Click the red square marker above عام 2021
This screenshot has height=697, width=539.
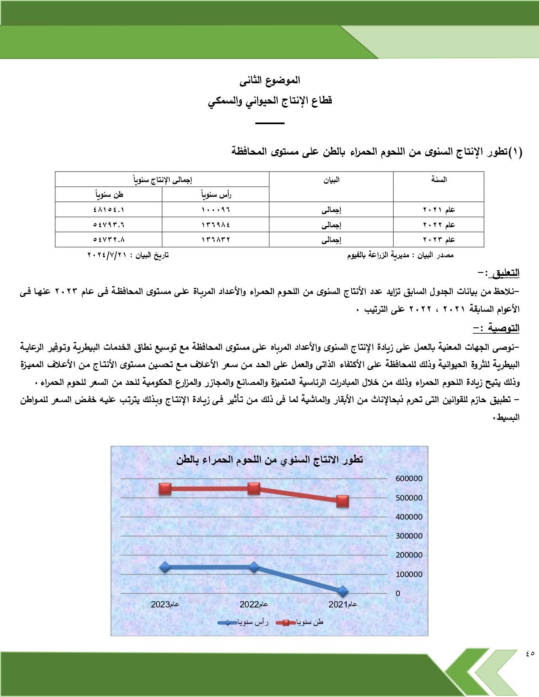pos(342,501)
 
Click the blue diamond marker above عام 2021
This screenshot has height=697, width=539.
pos(343,591)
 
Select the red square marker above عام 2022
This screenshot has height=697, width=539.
pos(254,488)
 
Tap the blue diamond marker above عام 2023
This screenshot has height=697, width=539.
pos(165,567)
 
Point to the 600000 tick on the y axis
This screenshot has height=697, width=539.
pos(409,479)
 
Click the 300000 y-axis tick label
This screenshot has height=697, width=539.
pos(409,536)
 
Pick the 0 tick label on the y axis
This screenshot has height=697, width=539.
pos(398,594)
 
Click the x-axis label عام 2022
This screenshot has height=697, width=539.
pos(254,604)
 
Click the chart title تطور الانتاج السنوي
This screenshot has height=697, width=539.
pos(270,460)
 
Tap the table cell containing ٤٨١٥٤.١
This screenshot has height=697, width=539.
pos(109,210)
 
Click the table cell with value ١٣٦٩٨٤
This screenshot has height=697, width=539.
pos(216,225)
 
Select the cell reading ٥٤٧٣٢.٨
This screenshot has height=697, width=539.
pos(109,240)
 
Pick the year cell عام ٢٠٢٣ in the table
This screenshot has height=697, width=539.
pos(439,240)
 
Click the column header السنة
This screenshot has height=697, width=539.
pos(439,180)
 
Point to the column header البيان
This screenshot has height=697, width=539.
pos(331,180)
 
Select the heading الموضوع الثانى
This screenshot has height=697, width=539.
pos(270,80)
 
